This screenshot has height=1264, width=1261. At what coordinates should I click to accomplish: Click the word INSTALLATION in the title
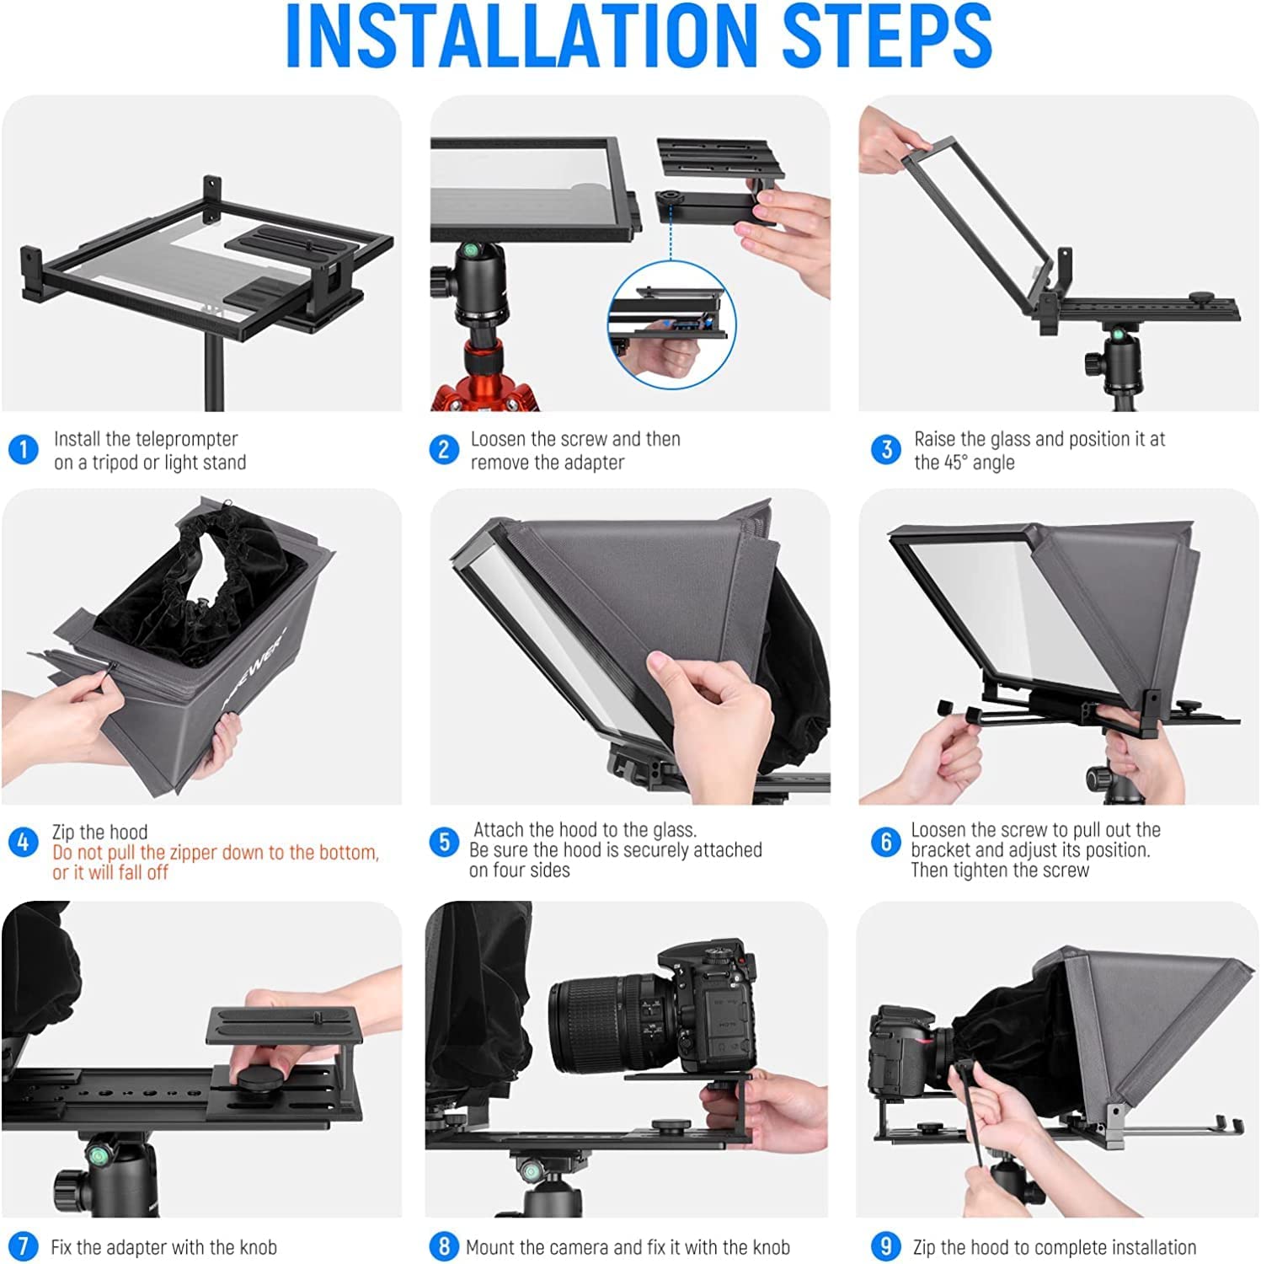click(521, 36)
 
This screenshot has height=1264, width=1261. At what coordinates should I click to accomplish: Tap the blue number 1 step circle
click(24, 449)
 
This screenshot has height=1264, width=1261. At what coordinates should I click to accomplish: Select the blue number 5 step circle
click(444, 842)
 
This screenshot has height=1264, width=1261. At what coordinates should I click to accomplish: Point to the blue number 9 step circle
click(885, 1246)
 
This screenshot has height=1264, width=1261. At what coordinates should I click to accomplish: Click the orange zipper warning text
click(216, 862)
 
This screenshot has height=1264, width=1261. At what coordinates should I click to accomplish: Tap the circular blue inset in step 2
click(671, 325)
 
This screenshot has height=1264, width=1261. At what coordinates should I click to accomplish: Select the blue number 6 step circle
click(885, 842)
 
